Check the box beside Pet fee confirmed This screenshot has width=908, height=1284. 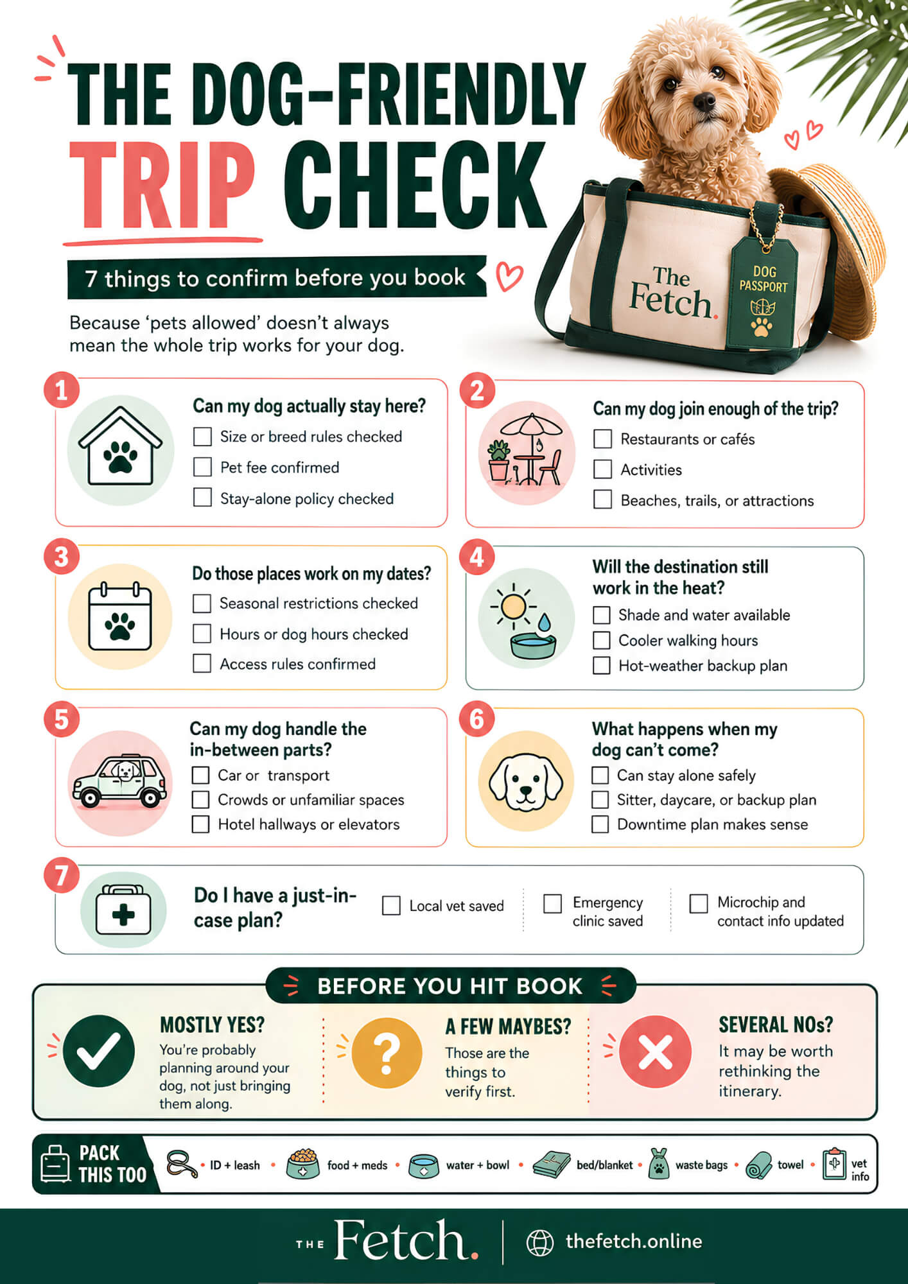point(202,467)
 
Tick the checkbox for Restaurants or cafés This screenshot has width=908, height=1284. point(602,439)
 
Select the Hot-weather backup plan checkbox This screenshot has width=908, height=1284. point(602,666)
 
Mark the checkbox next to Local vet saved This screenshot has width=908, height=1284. point(391,906)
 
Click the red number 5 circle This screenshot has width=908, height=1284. point(61,720)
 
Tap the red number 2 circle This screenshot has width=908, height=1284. point(477,391)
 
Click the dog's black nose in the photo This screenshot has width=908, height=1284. point(704,101)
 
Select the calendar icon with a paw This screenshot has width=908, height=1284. point(120,616)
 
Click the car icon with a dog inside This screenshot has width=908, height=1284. point(120,781)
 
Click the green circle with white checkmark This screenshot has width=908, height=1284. point(98,1051)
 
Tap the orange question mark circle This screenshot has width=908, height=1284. point(387,1053)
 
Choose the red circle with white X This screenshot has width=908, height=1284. point(655,1052)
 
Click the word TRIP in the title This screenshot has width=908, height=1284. point(162,186)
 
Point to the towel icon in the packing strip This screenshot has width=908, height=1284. point(759,1165)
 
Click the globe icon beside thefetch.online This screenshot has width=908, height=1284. point(540,1242)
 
